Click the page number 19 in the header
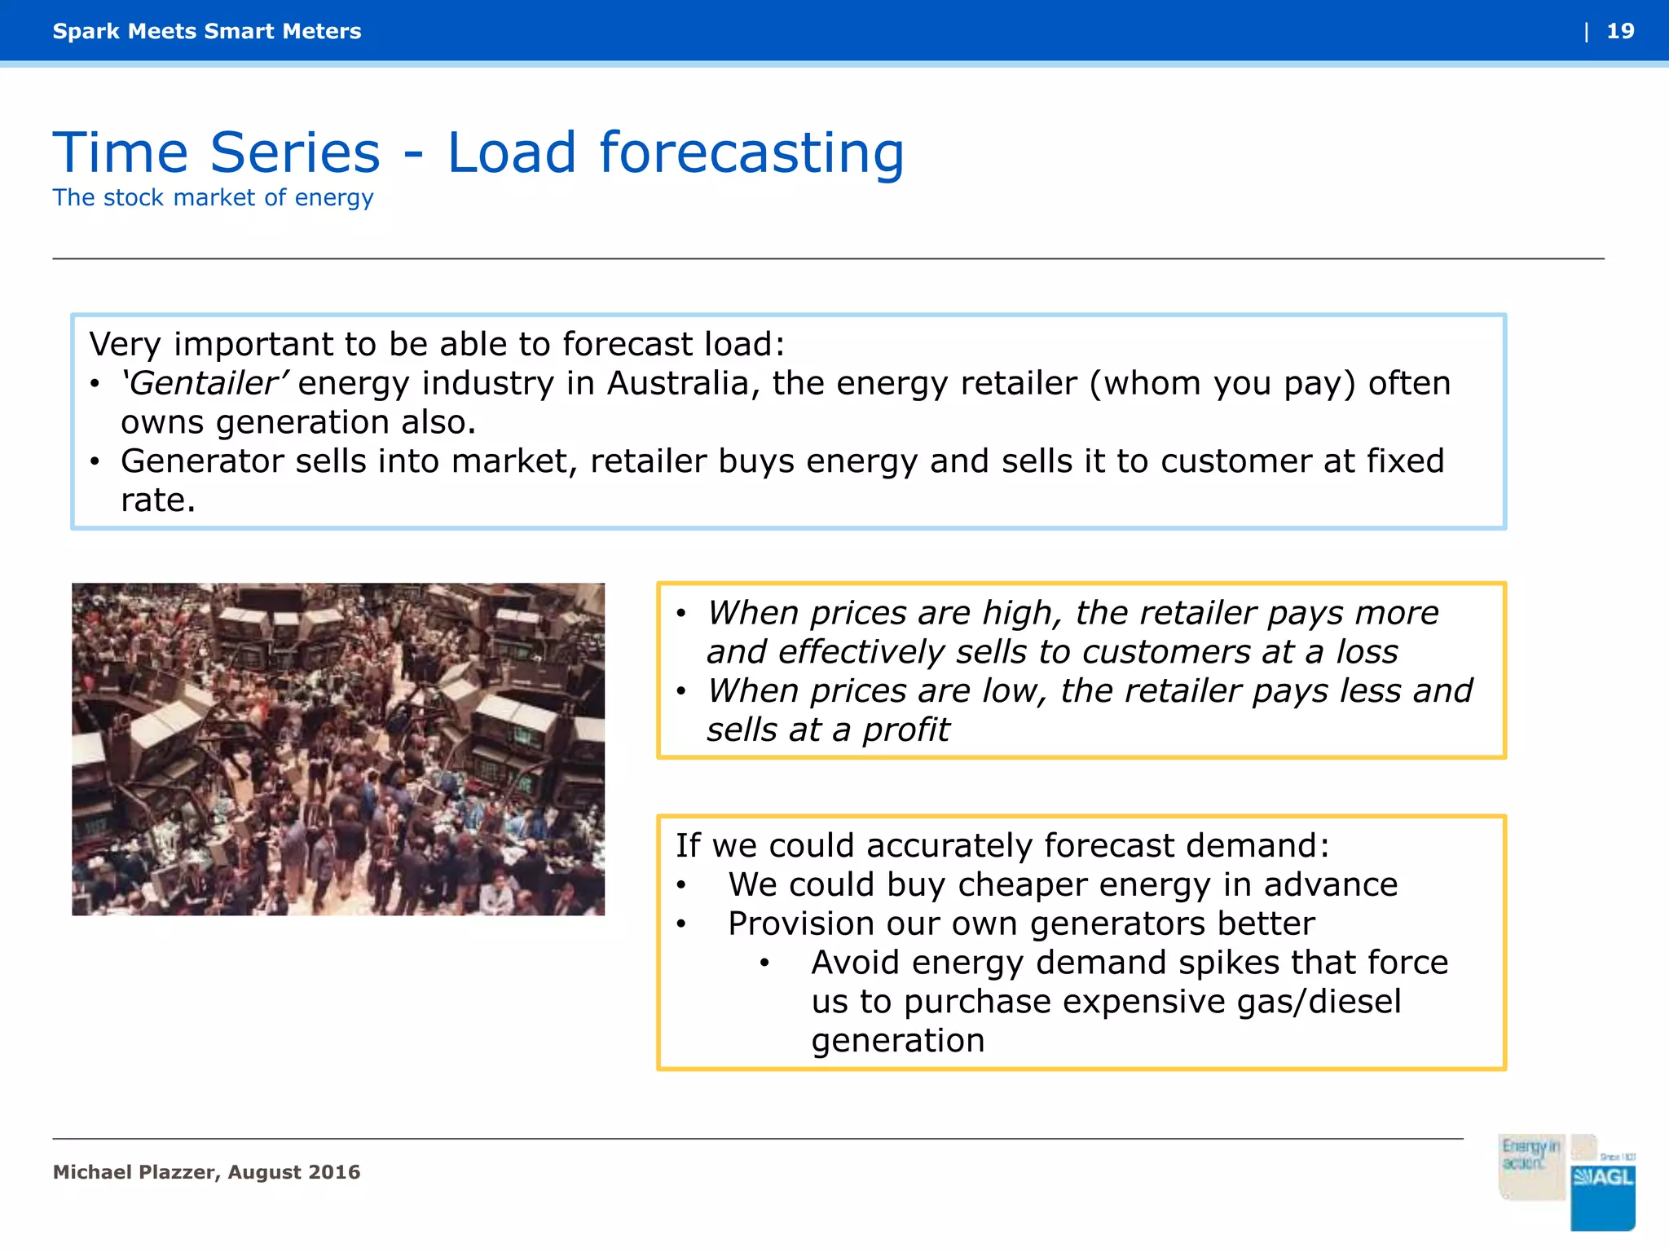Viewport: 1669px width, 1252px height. [x=1619, y=31]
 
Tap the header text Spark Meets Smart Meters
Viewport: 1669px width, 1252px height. [x=207, y=31]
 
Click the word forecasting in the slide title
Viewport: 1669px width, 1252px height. [x=751, y=153]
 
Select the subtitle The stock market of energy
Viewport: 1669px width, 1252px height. [x=213, y=197]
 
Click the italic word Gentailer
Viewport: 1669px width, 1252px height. [x=204, y=383]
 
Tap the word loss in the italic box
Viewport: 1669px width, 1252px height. [x=1367, y=652]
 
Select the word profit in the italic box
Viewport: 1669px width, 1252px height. [x=906, y=730]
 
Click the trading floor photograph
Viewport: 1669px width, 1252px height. [x=338, y=748]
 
